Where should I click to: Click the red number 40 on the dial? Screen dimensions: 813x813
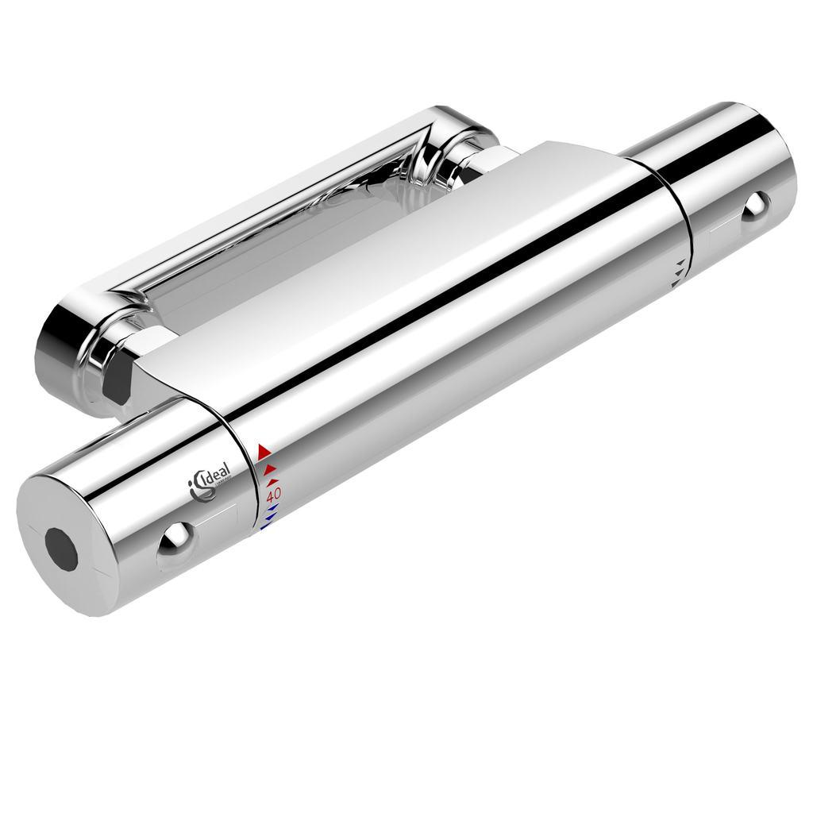click(x=273, y=495)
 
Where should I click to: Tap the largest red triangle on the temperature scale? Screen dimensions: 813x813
click(x=264, y=452)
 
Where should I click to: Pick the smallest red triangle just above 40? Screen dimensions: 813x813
click(x=272, y=481)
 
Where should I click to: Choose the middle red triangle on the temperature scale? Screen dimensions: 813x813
click(x=269, y=468)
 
